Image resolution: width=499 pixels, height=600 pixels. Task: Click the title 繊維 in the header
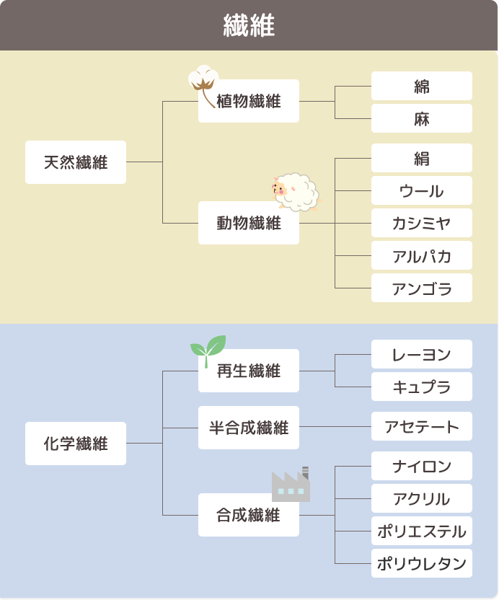(249, 26)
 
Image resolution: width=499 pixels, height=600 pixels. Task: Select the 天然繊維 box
(76, 162)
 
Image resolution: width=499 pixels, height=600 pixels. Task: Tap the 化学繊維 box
(76, 444)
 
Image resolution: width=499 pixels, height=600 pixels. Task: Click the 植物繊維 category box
(249, 102)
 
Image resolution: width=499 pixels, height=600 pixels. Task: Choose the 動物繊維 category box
(249, 224)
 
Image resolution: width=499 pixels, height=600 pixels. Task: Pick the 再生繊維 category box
(249, 371)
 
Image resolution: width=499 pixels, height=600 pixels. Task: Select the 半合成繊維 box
(249, 428)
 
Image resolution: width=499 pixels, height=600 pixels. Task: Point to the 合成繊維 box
(249, 516)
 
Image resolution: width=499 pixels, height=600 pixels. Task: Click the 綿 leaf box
(422, 87)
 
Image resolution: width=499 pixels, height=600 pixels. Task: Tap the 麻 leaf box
(422, 119)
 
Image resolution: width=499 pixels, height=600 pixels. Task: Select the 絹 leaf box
(422, 159)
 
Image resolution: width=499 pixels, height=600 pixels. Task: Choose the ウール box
(422, 191)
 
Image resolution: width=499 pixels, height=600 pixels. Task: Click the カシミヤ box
(422, 224)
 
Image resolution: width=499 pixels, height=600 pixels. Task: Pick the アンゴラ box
(422, 288)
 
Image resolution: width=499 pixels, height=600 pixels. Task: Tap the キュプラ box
(422, 387)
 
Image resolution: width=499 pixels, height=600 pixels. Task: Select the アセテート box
(422, 427)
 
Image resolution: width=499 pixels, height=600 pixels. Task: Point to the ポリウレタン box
(422, 564)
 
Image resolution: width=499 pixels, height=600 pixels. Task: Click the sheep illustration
(296, 191)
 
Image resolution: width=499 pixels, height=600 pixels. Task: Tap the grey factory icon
(291, 485)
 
